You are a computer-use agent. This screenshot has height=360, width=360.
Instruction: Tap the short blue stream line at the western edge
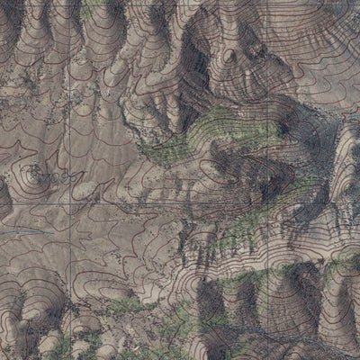click(x=18, y=232)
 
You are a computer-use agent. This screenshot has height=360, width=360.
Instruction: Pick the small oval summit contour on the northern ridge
click(x=229, y=56)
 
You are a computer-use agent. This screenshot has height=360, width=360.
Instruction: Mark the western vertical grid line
click(x=71, y=108)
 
